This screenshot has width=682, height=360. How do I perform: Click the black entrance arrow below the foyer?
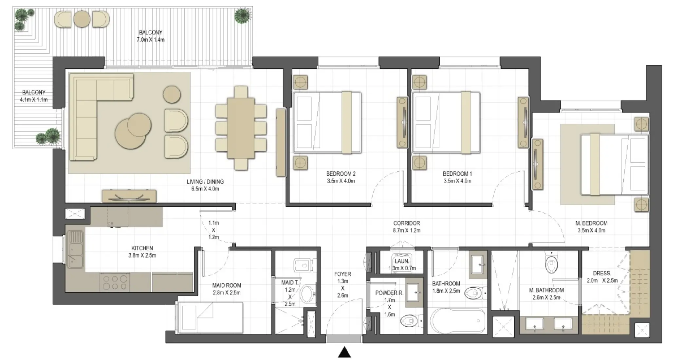[344, 352]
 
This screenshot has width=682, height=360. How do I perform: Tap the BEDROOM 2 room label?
[341, 174]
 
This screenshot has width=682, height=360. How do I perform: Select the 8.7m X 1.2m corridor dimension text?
[406, 230]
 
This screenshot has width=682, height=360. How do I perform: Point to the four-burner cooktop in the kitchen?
[115, 282]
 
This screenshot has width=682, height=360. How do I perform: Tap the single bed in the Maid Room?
[210, 317]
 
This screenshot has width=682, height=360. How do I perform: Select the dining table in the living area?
[241, 128]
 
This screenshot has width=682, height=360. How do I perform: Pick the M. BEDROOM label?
[591, 223]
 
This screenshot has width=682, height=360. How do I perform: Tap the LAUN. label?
[402, 261]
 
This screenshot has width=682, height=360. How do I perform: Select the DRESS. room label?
[602, 273]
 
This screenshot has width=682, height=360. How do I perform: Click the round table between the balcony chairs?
[82, 19]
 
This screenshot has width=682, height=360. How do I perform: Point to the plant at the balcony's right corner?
[242, 15]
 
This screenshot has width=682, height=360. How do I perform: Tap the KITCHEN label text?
[142, 248]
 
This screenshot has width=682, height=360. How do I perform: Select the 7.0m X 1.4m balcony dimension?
[150, 40]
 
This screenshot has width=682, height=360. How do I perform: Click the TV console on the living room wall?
[129, 196]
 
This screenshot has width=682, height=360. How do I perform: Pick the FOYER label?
[342, 274]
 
